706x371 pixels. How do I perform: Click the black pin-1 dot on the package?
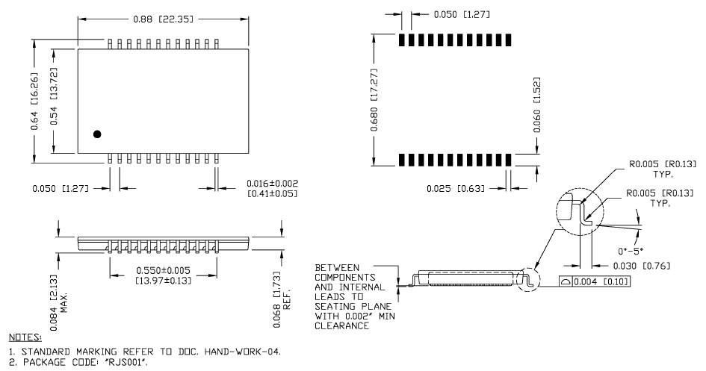(x=97, y=134)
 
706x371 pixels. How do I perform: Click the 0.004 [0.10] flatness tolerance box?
(x=595, y=281)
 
